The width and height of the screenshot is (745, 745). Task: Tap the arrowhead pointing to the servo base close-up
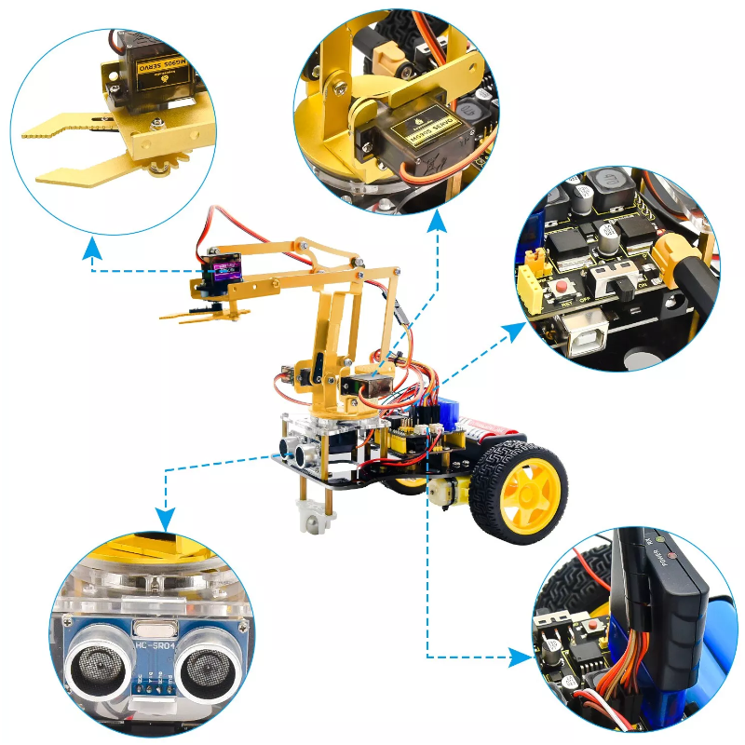click(438, 223)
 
